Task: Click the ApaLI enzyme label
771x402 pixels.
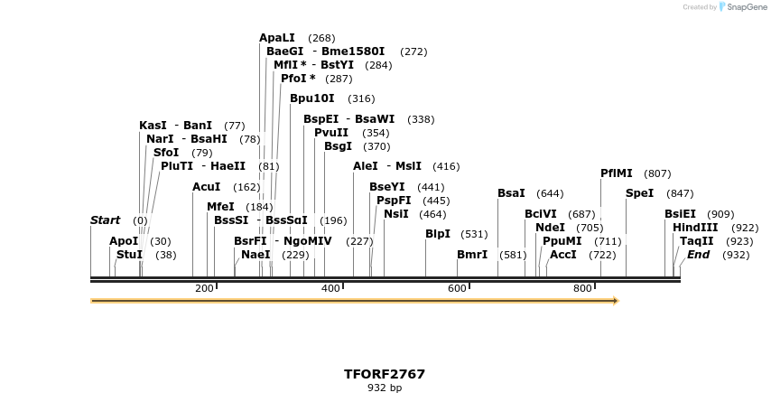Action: point(276,38)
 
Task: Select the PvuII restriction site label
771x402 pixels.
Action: point(331,133)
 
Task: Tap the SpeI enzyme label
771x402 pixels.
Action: point(639,193)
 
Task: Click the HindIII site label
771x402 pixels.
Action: point(695,228)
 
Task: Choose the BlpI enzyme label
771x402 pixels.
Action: point(438,234)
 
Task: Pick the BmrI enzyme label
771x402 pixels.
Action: point(472,255)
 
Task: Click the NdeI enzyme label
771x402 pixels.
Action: point(550,228)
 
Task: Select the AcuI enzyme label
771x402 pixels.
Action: point(206,187)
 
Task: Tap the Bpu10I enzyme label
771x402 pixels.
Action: point(312,98)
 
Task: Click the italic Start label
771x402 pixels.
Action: point(105,220)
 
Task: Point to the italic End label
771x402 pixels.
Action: point(698,255)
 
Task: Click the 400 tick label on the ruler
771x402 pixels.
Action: point(330,288)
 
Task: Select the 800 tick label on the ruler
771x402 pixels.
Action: point(582,288)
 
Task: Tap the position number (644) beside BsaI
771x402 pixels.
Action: point(550,193)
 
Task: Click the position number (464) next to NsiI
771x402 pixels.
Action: point(432,214)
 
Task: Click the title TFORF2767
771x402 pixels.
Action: point(385,374)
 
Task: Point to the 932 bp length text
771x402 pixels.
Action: point(385,388)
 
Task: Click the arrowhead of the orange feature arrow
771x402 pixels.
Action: point(616,301)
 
